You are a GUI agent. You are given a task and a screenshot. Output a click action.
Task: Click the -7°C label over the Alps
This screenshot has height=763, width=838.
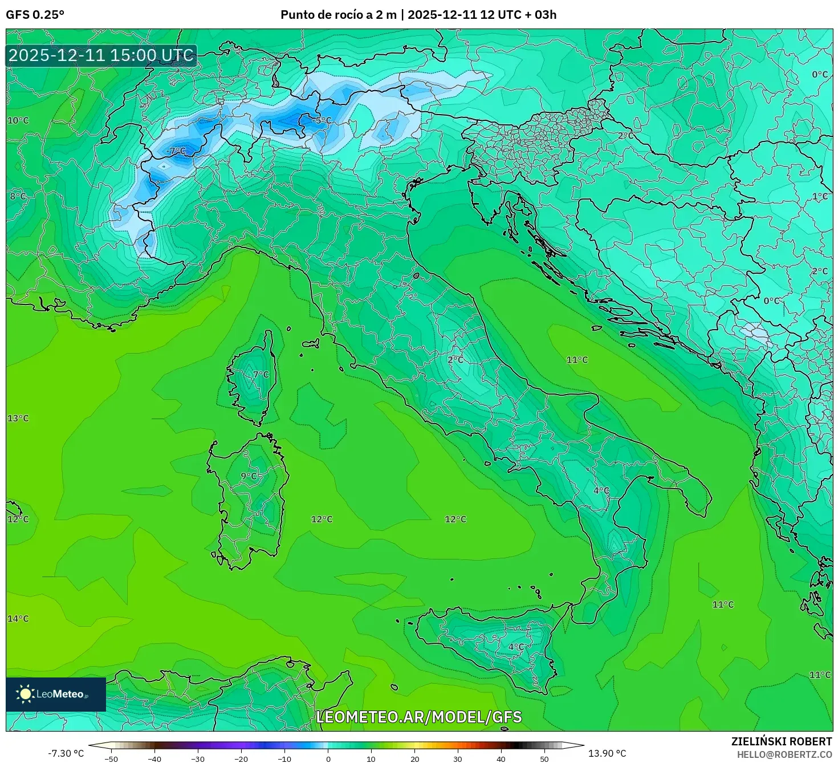point(176,151)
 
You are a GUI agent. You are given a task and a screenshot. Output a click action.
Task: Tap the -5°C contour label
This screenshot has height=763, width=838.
point(322,120)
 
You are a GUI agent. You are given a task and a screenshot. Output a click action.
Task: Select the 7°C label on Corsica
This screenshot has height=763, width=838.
point(261,375)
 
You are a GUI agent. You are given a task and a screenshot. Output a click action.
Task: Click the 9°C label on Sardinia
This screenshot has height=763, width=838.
point(249,476)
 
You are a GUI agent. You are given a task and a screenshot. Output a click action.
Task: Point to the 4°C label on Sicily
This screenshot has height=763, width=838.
point(516,647)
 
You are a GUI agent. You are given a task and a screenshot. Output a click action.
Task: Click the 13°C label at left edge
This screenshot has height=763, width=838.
point(18,419)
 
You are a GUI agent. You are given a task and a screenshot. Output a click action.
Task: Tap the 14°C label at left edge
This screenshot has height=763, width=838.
point(18,619)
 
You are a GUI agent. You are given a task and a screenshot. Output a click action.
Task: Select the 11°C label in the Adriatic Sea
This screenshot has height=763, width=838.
point(577,360)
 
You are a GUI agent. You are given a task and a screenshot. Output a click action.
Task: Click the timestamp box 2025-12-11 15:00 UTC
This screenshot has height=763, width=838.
point(101,55)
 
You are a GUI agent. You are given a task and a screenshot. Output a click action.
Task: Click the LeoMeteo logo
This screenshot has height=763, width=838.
point(55,694)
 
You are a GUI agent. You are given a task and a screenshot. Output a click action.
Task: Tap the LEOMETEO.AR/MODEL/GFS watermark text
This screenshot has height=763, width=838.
point(419,717)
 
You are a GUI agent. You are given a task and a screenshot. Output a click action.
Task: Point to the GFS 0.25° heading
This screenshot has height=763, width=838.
point(35,15)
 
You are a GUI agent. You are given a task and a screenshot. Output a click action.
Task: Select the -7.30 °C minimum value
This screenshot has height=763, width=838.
point(66,753)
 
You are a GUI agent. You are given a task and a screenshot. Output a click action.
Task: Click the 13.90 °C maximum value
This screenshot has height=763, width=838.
point(607,753)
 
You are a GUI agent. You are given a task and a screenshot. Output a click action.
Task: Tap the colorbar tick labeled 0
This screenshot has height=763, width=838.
point(328,759)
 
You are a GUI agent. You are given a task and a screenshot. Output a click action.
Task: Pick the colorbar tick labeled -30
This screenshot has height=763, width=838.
point(197,759)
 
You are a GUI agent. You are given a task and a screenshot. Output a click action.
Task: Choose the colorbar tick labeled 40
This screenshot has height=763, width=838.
point(501,759)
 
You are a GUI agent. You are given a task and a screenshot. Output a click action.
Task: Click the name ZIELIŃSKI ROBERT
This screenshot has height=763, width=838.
point(782,741)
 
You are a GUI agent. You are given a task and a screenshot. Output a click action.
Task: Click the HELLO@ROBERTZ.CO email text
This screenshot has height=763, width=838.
point(784,754)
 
